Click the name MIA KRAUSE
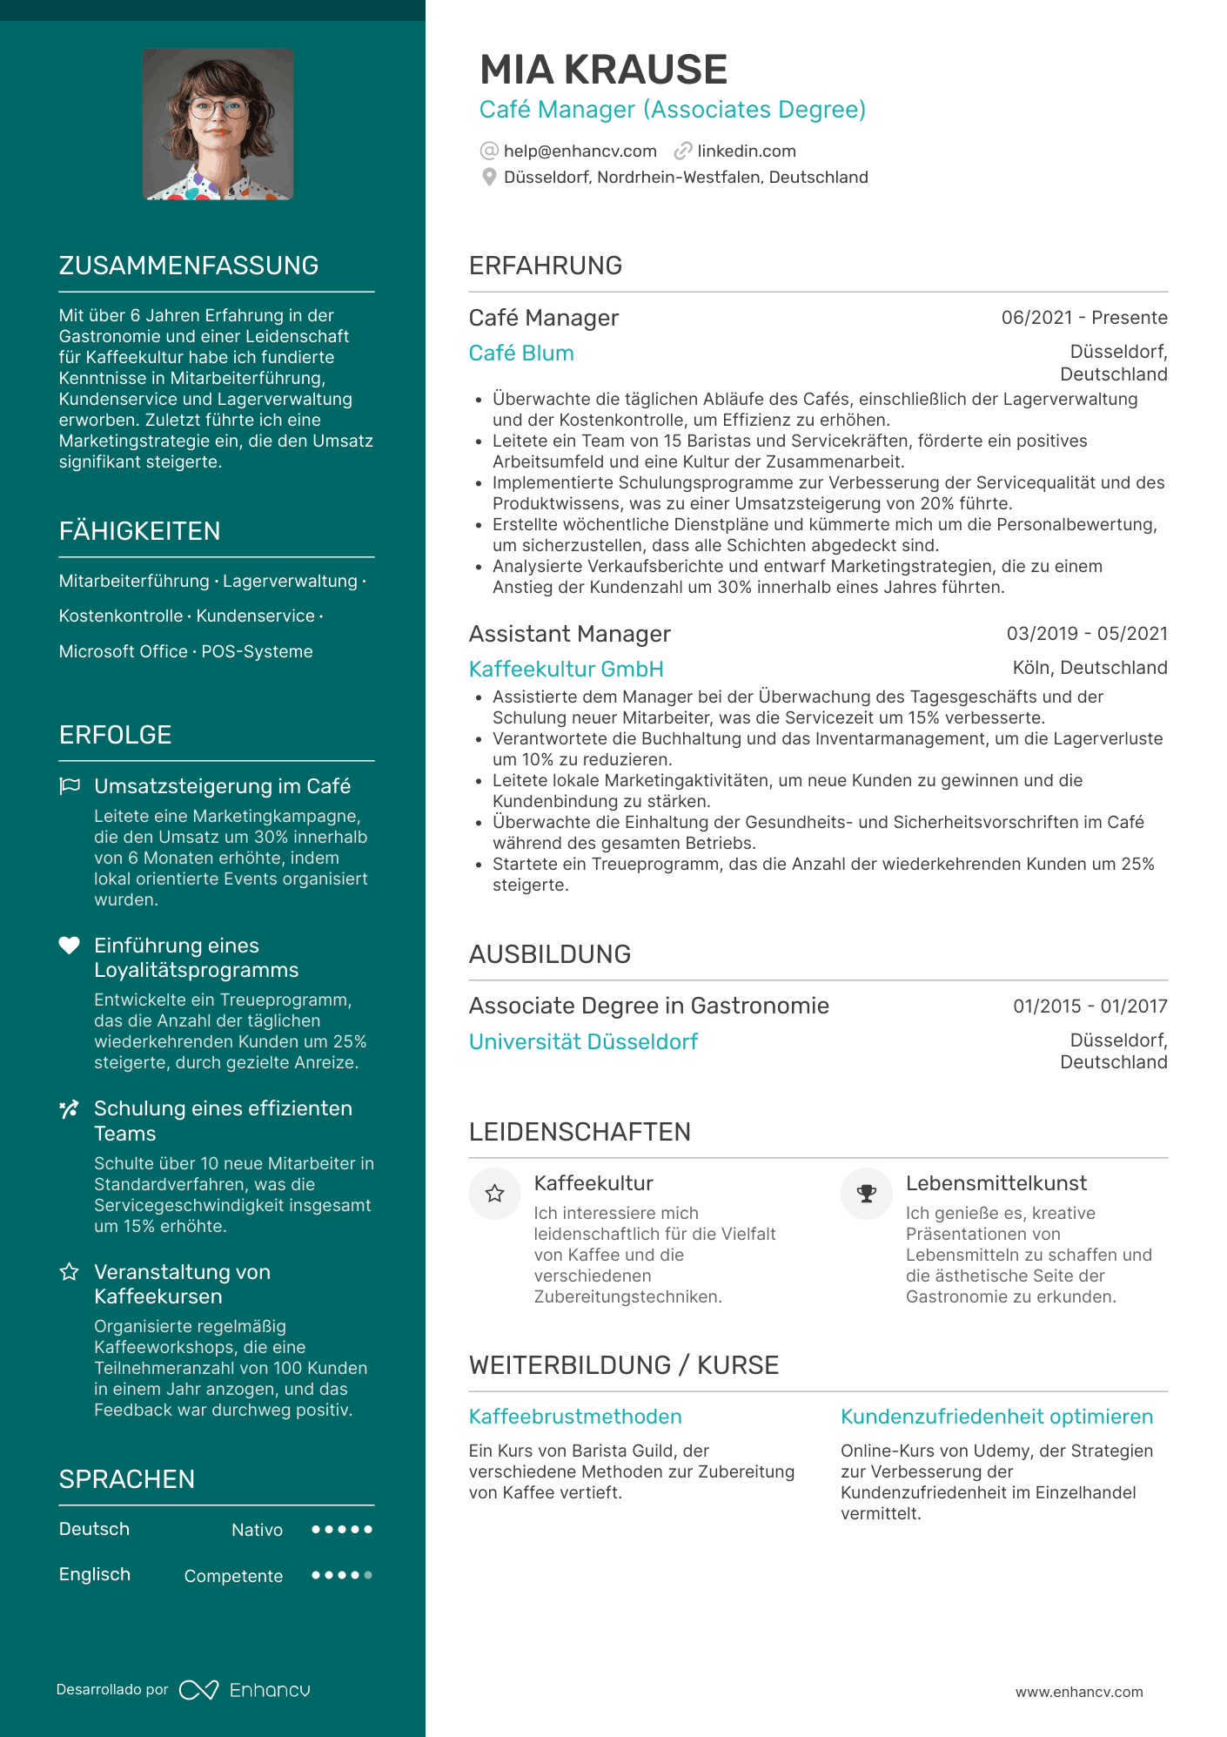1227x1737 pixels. point(603,70)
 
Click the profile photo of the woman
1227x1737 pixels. point(218,125)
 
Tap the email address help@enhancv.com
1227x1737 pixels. point(580,151)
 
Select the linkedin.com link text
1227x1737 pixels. point(746,151)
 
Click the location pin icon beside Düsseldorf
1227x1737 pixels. point(489,178)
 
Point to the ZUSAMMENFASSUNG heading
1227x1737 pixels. point(189,266)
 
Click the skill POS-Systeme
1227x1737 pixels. point(257,651)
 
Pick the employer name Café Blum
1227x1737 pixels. point(521,353)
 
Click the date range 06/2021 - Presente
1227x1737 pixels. point(1083,318)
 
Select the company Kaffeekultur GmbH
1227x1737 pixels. point(566,670)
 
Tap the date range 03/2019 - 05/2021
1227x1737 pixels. point(1086,634)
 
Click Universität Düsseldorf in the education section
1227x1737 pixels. point(583,1042)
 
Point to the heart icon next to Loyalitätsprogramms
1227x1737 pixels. point(70,946)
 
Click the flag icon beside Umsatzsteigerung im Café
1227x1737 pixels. point(70,786)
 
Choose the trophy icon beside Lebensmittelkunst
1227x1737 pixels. point(867,1194)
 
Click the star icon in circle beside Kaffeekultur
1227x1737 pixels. point(494,1194)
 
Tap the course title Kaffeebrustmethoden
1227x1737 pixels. point(575,1417)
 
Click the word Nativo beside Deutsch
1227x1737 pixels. point(257,1530)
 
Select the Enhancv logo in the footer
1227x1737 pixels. point(245,1690)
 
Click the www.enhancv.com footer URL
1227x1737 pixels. point(1079,1692)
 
